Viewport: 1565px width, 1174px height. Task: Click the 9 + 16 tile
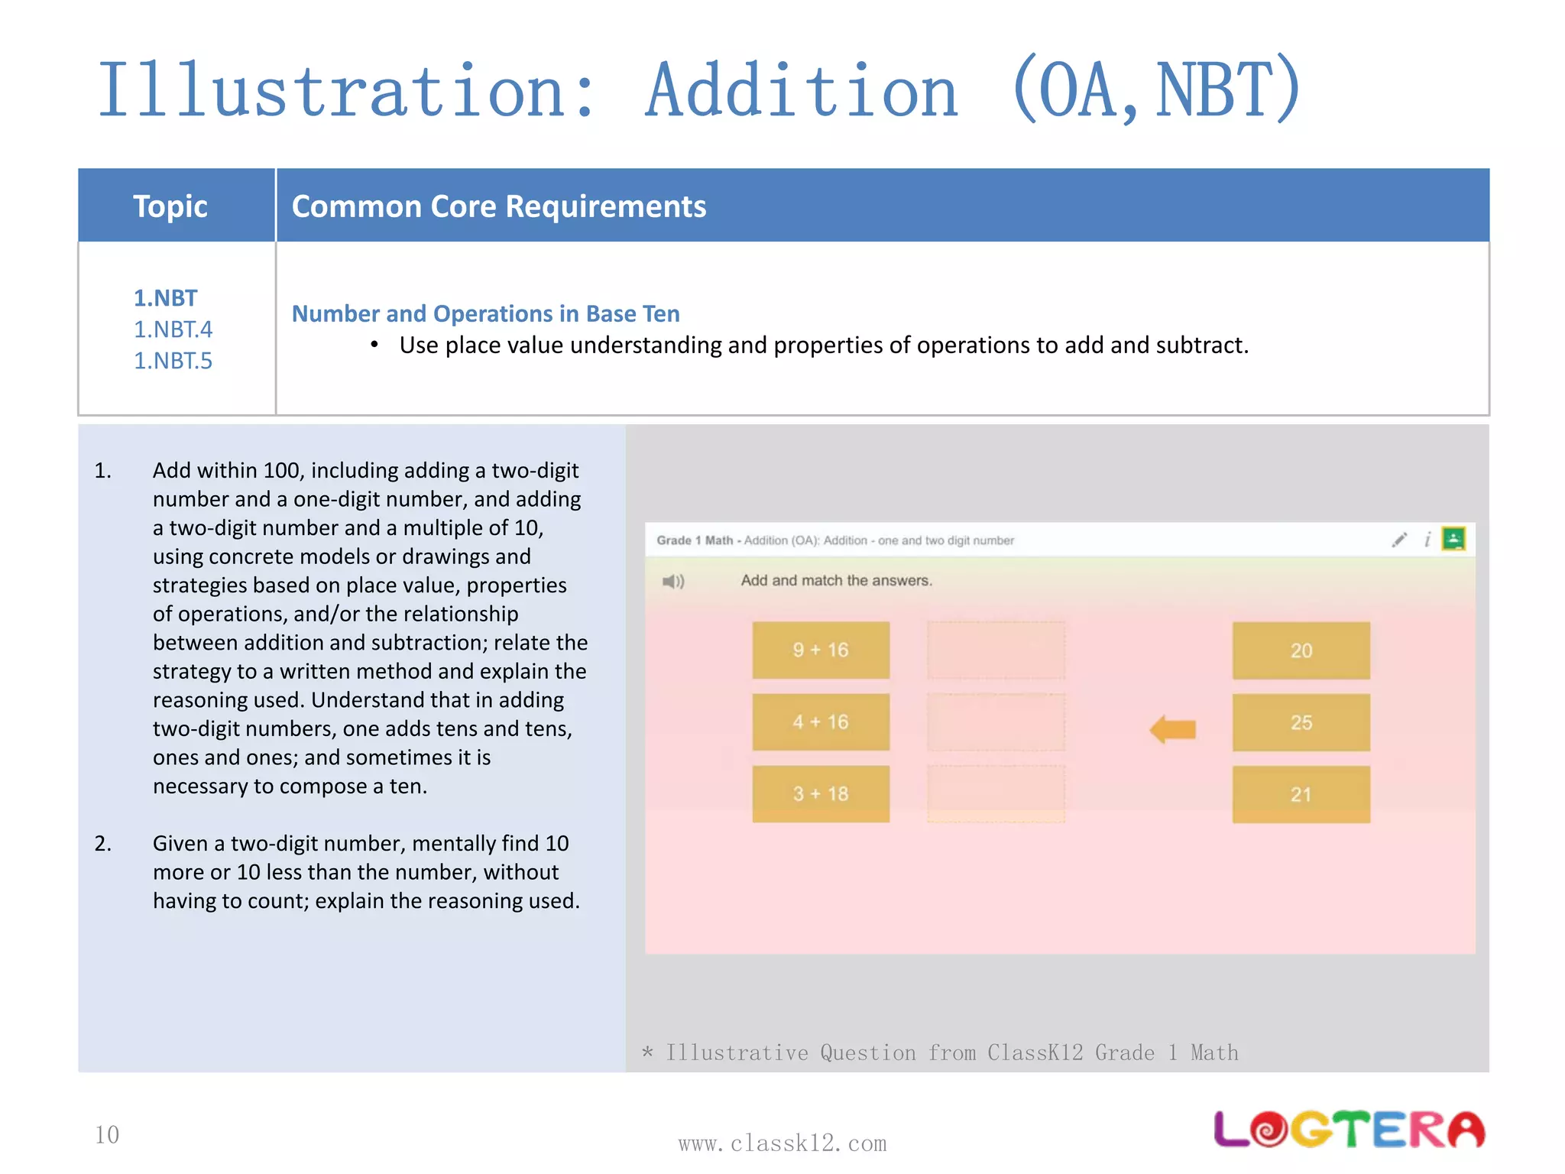point(820,650)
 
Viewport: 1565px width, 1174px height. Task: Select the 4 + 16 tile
point(820,722)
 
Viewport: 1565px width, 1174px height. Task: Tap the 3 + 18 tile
point(820,793)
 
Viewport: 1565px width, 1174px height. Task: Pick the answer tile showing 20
point(1301,650)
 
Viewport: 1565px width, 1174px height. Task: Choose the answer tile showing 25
point(1301,722)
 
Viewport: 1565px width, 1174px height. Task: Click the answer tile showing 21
point(1301,794)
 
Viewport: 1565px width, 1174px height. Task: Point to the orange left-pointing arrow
point(1173,729)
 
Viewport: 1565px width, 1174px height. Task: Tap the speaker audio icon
point(672,582)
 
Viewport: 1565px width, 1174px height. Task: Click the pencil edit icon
point(1398,540)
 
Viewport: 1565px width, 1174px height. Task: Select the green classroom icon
point(1453,539)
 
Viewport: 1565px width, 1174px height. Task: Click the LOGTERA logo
point(1349,1130)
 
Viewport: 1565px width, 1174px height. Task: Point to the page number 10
point(107,1135)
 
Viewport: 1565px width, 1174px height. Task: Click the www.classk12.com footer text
point(782,1143)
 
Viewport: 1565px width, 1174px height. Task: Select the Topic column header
point(170,206)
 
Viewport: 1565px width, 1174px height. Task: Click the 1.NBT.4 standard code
point(173,329)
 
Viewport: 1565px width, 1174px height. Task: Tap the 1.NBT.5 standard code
point(173,361)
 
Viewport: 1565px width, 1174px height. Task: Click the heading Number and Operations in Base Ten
point(486,313)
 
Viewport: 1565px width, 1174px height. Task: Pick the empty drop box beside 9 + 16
point(996,650)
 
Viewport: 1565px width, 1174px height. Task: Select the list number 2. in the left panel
point(103,844)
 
